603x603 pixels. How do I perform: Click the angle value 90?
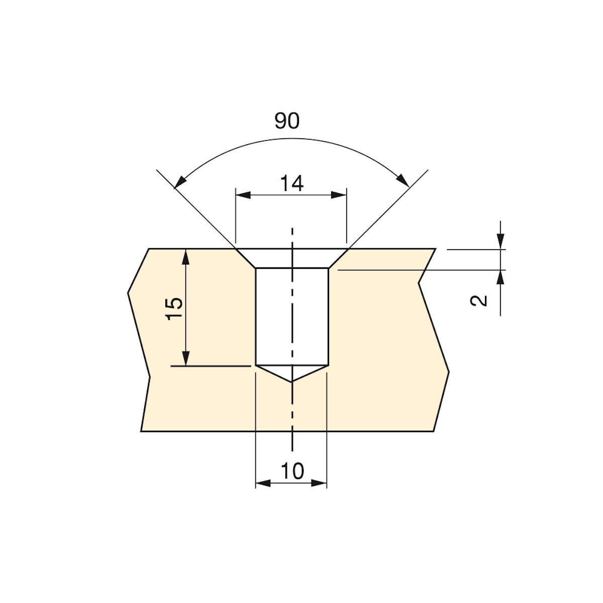click(286, 121)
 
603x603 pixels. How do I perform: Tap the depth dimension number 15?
click(174, 309)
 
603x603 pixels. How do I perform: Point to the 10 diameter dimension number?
click(292, 471)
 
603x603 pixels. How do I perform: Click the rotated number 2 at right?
click(479, 300)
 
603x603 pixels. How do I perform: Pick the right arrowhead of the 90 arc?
click(403, 180)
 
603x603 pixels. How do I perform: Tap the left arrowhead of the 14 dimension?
click(243, 195)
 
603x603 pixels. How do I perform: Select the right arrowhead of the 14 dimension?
click(339, 195)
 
